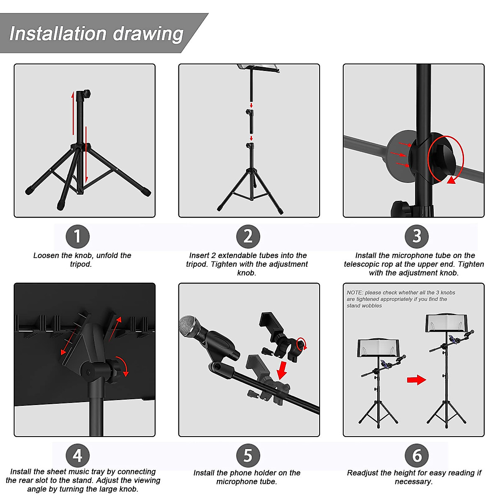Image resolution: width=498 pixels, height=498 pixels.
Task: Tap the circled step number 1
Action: tap(78, 237)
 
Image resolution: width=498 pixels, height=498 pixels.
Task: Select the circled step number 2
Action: tap(248, 237)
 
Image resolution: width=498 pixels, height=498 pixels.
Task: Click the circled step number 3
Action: tap(416, 237)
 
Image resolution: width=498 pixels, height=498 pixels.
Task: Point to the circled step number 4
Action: tap(78, 455)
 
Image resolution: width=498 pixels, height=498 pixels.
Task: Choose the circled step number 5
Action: tap(248, 455)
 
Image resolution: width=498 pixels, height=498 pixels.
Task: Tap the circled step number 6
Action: tap(416, 455)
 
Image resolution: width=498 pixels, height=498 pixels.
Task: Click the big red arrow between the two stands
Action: tap(416, 379)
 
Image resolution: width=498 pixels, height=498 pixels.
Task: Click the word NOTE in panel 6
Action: tap(354, 293)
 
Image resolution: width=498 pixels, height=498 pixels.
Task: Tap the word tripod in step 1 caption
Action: tap(81, 264)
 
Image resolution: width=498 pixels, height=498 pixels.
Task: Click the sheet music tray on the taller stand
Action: tap(447, 323)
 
